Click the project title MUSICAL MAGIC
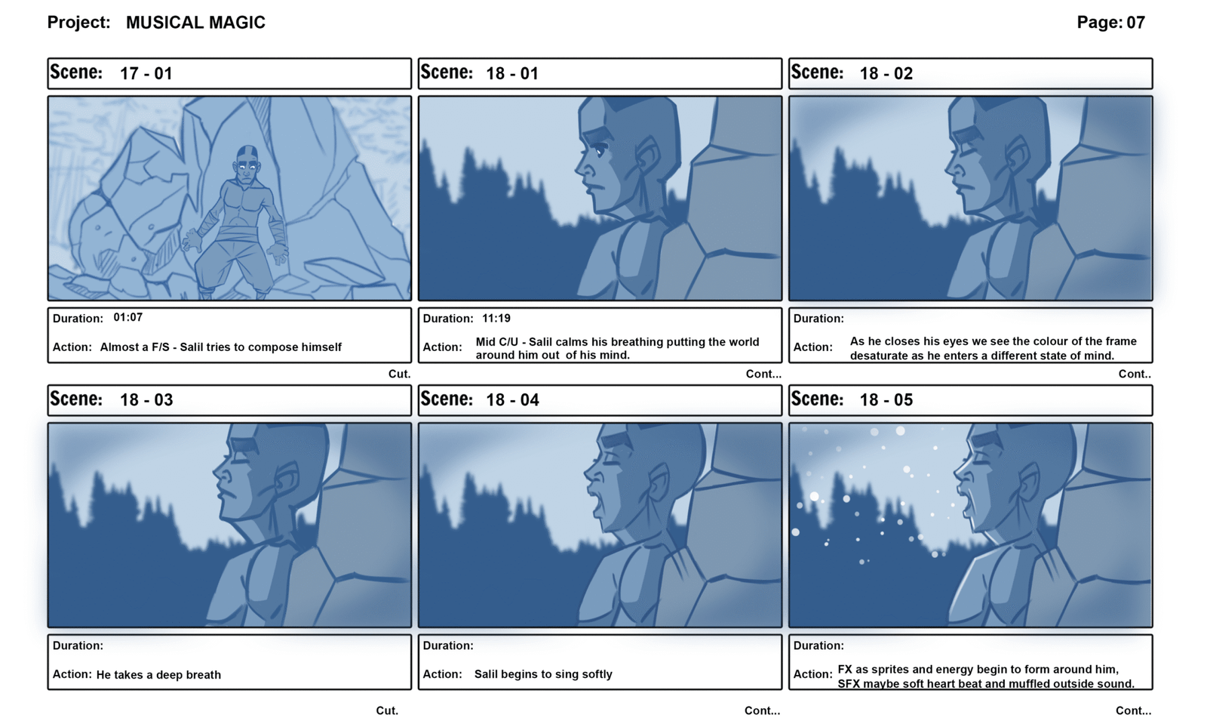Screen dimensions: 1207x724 [195, 23]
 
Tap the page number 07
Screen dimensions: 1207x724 [1135, 23]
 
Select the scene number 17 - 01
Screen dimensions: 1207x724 [146, 73]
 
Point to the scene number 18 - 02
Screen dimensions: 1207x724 [886, 73]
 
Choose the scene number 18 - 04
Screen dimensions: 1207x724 [512, 400]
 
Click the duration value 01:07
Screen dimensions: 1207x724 [128, 318]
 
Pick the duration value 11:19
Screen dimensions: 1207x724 [496, 319]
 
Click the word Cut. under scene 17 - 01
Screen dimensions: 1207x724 [400, 374]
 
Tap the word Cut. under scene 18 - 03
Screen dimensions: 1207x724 [388, 711]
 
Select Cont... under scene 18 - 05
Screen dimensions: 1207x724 [1134, 711]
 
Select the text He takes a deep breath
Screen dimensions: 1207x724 [158, 675]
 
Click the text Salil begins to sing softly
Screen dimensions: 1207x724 [543, 674]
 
